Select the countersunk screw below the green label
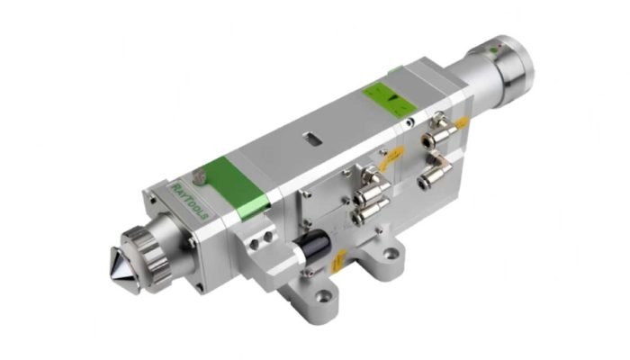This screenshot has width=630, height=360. (x=410, y=118)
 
